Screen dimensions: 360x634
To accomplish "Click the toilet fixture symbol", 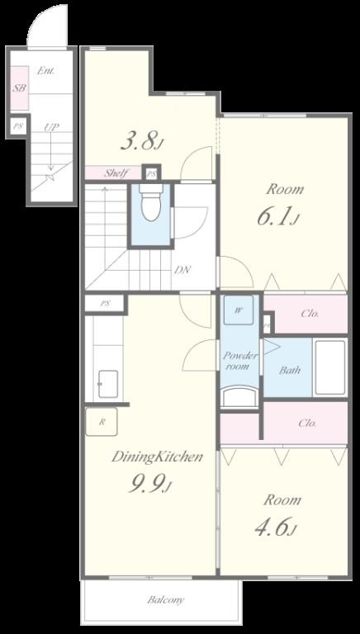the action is coord(151,202).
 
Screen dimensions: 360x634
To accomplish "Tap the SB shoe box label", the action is coord(19,88).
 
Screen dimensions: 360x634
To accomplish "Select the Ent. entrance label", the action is coord(45,71).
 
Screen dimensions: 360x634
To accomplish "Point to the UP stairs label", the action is coord(52,127).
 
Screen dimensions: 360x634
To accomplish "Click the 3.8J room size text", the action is coord(142,142).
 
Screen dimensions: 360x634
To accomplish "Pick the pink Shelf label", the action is coord(116,173).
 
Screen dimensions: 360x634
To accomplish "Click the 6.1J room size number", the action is coord(278,218).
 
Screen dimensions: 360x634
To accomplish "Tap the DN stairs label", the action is coord(182,270).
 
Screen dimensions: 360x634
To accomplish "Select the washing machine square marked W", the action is coord(239,310).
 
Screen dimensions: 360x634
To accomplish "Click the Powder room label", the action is coord(240,361).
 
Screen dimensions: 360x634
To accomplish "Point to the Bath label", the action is coord(289,370).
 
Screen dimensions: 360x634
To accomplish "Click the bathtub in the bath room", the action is coord(330,367).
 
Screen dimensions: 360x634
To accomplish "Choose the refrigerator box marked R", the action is coord(102,422).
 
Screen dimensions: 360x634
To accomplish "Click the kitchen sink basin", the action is coord(108,384).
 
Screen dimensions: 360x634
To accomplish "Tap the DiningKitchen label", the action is coord(157,457).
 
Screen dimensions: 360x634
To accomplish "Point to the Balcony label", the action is coord(165,599).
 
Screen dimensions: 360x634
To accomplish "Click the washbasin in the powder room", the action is coord(240,396).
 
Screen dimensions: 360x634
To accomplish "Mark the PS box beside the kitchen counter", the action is coord(105,303).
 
